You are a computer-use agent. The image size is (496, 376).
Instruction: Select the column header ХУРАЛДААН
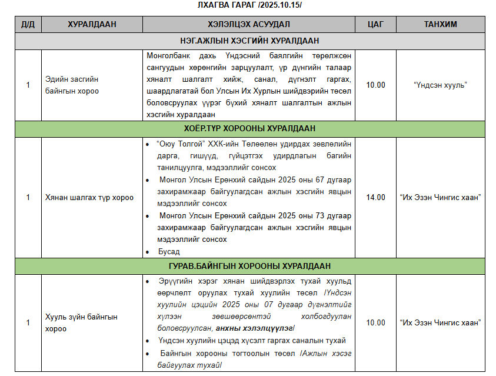point(92,25)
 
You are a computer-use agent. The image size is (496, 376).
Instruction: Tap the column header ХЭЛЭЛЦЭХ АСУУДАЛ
point(249,25)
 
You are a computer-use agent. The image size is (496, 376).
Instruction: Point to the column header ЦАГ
point(375,25)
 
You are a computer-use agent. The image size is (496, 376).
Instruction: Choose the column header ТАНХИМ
point(441,25)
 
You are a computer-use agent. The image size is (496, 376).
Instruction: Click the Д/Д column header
point(28,25)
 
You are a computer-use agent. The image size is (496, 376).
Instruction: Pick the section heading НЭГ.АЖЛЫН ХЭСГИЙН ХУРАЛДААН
point(249,41)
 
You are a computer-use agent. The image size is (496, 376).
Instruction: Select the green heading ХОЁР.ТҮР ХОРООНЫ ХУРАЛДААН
point(249,128)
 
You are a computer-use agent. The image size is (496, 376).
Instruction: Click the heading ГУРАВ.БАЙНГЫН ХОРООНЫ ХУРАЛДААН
point(249,266)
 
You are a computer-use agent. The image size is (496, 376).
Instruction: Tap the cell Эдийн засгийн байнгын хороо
point(72,85)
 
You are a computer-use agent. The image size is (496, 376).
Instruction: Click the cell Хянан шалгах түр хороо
point(89,197)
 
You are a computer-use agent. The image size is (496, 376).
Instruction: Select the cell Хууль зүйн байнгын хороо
point(81,322)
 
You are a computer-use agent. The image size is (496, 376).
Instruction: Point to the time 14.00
point(375,197)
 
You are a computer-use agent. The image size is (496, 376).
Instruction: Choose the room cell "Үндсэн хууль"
point(440,85)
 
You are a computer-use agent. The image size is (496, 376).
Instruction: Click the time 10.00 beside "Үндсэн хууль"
point(375,85)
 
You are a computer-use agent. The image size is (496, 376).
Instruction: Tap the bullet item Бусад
point(169,251)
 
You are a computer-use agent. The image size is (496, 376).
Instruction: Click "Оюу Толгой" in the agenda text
point(179,144)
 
